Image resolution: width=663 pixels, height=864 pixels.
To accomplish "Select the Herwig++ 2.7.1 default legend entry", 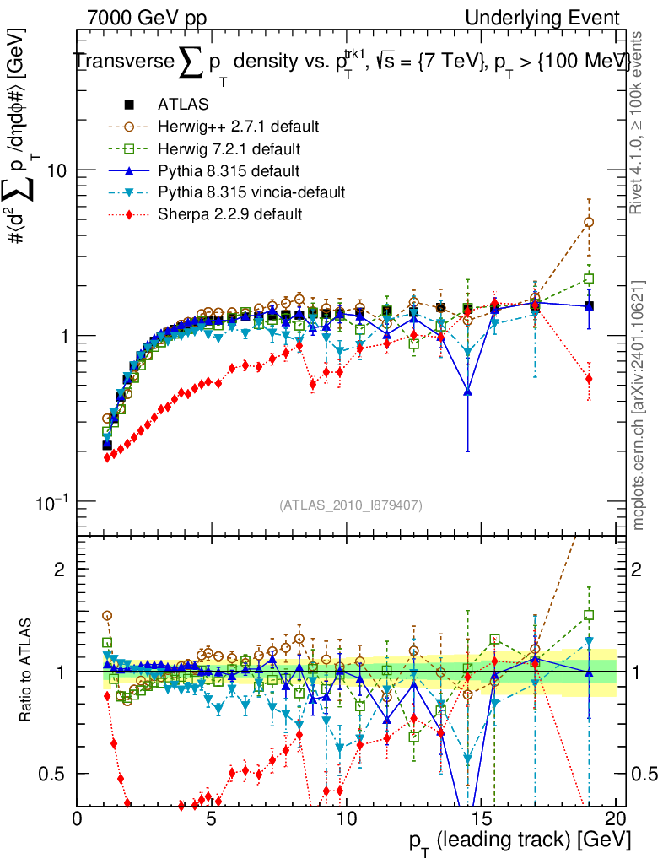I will point(238,127).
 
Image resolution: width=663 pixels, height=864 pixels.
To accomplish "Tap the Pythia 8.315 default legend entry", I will point(229,171).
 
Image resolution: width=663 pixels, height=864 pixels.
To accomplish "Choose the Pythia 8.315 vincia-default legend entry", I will point(251,193).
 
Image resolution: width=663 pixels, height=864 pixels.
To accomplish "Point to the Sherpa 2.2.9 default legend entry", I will point(229,214).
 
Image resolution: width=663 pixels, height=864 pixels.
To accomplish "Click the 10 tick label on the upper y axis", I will point(57,170).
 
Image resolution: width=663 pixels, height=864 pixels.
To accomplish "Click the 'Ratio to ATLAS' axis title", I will point(28,671).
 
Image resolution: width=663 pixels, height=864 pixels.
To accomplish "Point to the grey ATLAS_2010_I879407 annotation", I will point(351,505).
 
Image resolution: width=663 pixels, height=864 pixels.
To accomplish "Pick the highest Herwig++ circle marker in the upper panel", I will point(589,223).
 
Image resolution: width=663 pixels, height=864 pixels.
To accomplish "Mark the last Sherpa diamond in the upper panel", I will point(589,379).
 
